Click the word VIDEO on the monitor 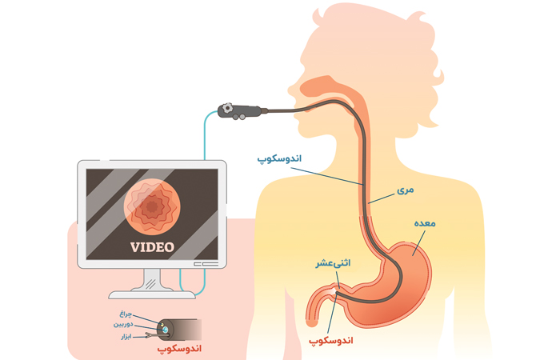(152, 247)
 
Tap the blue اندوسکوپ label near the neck (279, 158)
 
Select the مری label (406, 190)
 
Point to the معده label (425, 223)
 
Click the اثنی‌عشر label (333, 263)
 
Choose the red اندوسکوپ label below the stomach (330, 341)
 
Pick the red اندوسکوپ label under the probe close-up (179, 348)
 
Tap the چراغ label (126, 314)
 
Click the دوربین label (123, 324)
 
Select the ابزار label (126, 337)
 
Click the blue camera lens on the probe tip (165, 330)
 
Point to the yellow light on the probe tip (162, 325)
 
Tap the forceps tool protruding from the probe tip (153, 335)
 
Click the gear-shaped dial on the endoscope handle (227, 108)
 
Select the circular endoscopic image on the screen (152, 206)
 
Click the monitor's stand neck (152, 279)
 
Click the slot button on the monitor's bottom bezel (206, 264)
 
